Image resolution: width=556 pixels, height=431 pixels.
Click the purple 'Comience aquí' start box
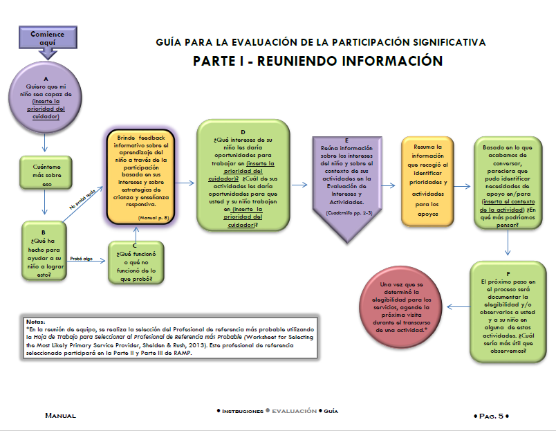(48, 39)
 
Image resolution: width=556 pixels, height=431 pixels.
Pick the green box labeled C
(136, 263)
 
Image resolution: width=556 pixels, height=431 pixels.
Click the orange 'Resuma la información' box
(430, 179)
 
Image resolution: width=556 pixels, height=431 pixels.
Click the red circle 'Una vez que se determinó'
(403, 306)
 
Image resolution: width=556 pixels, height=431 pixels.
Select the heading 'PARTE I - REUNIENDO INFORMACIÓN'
(317, 61)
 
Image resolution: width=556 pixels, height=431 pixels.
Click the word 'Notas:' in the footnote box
(35, 322)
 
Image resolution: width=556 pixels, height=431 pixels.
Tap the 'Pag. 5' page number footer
(492, 416)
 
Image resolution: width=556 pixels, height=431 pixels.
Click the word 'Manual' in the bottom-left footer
(60, 416)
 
